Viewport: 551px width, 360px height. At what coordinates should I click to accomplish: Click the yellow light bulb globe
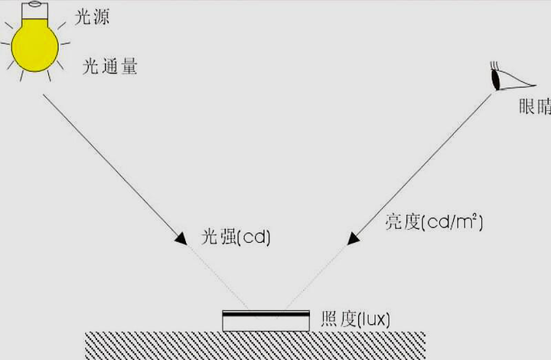coord(34,46)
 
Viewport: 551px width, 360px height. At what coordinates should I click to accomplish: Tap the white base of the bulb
coord(34,11)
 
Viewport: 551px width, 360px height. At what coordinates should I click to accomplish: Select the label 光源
coord(92,17)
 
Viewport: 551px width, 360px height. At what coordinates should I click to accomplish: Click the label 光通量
coord(109,67)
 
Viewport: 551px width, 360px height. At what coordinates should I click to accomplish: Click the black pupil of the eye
coord(495,80)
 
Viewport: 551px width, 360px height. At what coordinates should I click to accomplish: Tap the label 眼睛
coord(535,106)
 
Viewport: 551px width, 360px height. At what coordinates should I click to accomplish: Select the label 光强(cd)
coord(236,237)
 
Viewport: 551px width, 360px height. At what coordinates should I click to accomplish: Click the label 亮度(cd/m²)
coord(434,222)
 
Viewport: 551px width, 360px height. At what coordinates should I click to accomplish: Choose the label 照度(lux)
coord(355,319)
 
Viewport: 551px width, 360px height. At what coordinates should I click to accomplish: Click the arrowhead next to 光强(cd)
coord(181,239)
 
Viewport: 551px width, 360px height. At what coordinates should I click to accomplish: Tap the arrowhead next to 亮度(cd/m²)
coord(353,239)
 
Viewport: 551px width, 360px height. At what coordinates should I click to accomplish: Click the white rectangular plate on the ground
coord(266,321)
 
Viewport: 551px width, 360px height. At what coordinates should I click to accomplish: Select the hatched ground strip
coord(255,345)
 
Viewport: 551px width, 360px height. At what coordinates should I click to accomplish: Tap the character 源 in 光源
coord(101,17)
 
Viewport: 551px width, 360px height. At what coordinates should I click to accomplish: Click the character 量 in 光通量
coord(129,67)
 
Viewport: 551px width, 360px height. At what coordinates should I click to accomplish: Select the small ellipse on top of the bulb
coord(34,5)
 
